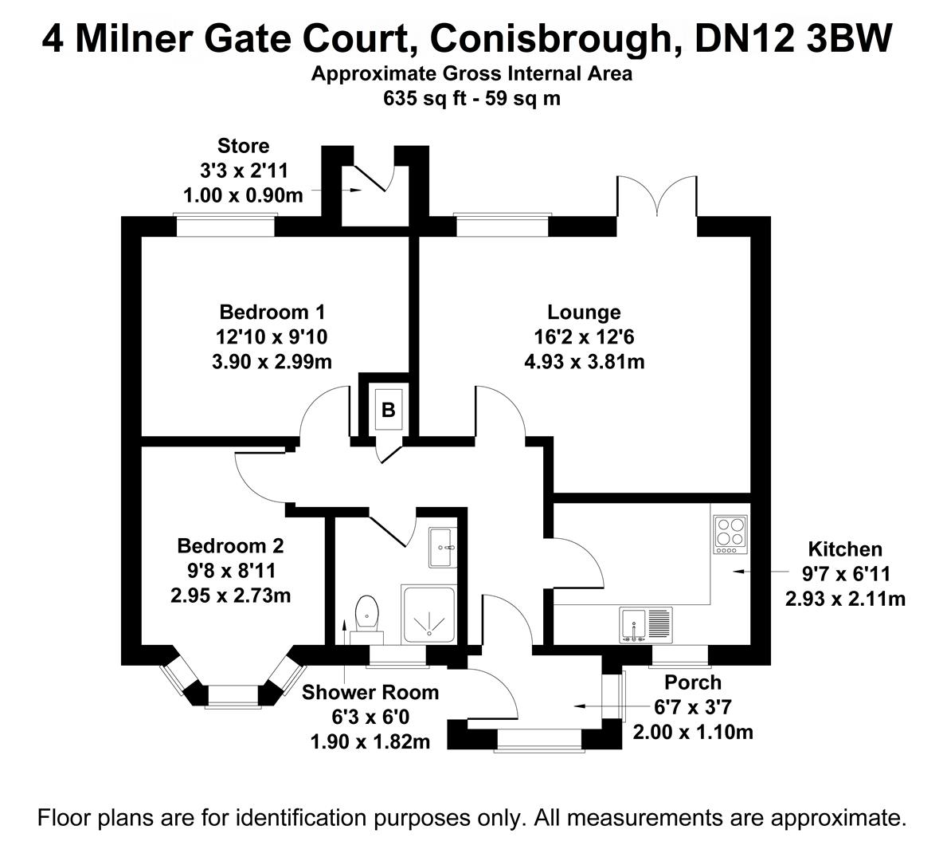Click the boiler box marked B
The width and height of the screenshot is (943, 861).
pos(389,410)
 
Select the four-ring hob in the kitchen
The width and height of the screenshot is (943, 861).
pos(731,535)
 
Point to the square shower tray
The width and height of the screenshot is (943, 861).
pos(429,615)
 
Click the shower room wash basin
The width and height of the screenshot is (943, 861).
pos(441,547)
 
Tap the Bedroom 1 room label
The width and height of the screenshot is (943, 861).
pos(272,312)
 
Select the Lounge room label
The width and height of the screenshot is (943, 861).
pos(584,312)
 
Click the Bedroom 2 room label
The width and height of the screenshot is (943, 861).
pos(230,546)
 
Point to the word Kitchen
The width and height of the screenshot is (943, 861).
pos(845,548)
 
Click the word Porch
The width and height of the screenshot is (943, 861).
pos(693,682)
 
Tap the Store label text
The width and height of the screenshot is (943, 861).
pos(243,146)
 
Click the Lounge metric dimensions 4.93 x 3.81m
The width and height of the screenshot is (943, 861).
pos(584,362)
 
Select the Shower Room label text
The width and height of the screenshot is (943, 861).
pos(370,692)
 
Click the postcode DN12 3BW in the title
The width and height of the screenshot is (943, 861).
pos(792,37)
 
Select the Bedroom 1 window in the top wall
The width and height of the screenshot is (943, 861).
pos(225,226)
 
